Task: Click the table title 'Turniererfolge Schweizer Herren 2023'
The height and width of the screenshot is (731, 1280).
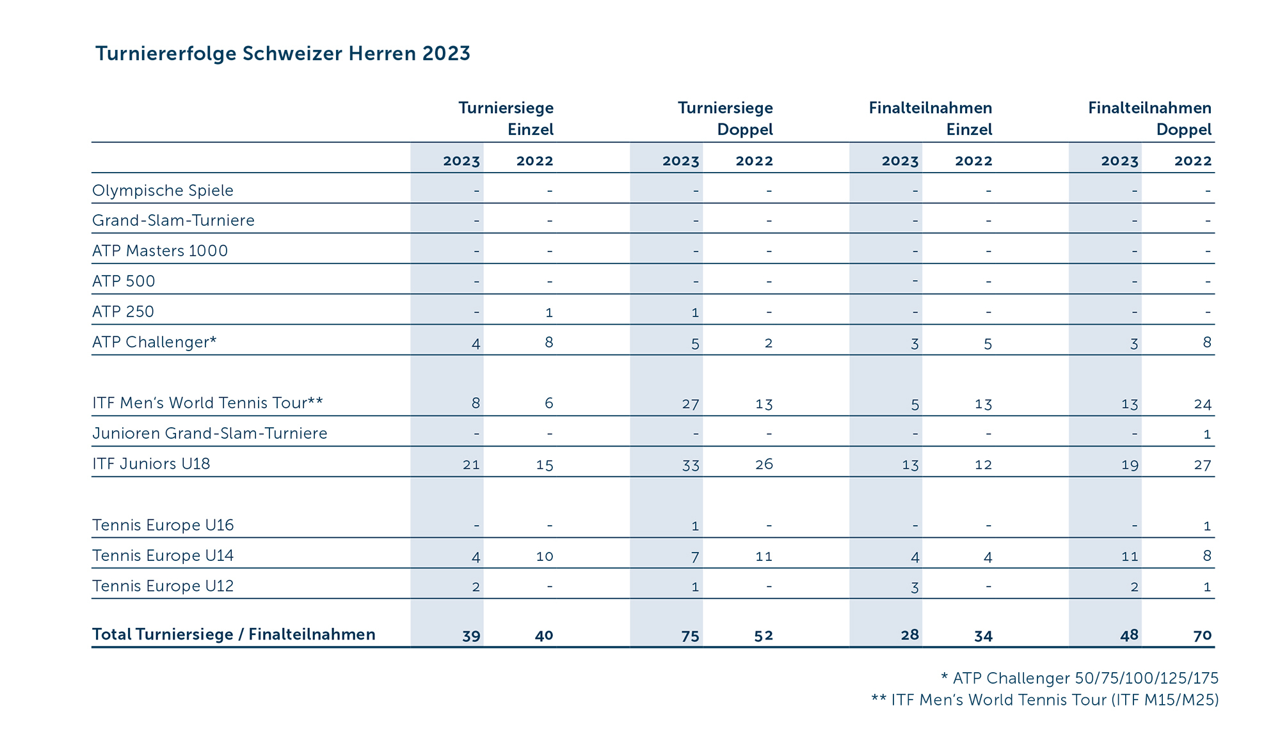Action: (282, 54)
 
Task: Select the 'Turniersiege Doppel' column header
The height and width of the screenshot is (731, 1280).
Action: (725, 119)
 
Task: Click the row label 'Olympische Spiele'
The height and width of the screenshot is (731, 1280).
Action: (163, 191)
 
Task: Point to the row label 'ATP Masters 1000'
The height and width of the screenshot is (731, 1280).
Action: (160, 251)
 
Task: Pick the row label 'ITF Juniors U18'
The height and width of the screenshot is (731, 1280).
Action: (151, 464)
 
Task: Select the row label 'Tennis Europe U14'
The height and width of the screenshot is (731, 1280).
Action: (163, 556)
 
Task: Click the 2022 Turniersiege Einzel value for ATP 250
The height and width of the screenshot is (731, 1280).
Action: (548, 313)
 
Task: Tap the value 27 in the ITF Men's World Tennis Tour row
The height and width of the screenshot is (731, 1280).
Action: (690, 404)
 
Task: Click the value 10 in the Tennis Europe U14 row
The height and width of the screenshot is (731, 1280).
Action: (545, 556)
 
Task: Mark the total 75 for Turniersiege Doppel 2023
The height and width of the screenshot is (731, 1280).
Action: (690, 636)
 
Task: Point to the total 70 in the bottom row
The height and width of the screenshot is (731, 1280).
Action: (1203, 636)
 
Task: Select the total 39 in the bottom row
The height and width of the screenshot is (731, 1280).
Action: (471, 636)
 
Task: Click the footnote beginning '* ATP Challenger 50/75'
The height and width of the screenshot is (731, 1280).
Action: (1079, 678)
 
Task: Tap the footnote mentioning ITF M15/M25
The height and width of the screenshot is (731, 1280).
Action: (1044, 700)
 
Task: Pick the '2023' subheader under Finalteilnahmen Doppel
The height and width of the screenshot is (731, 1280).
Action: (1119, 161)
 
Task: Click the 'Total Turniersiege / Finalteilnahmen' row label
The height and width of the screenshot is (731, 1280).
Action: (234, 634)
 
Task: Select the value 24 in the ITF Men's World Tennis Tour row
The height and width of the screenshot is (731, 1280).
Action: (1203, 404)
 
